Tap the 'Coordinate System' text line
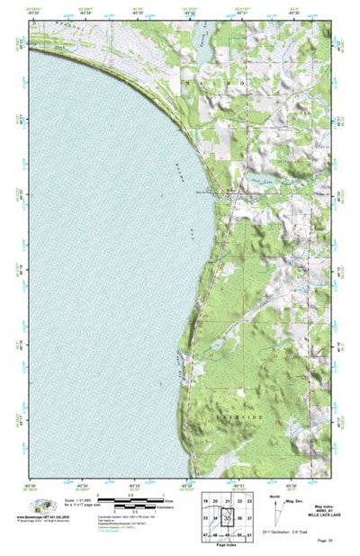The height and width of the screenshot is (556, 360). click(144, 516)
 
